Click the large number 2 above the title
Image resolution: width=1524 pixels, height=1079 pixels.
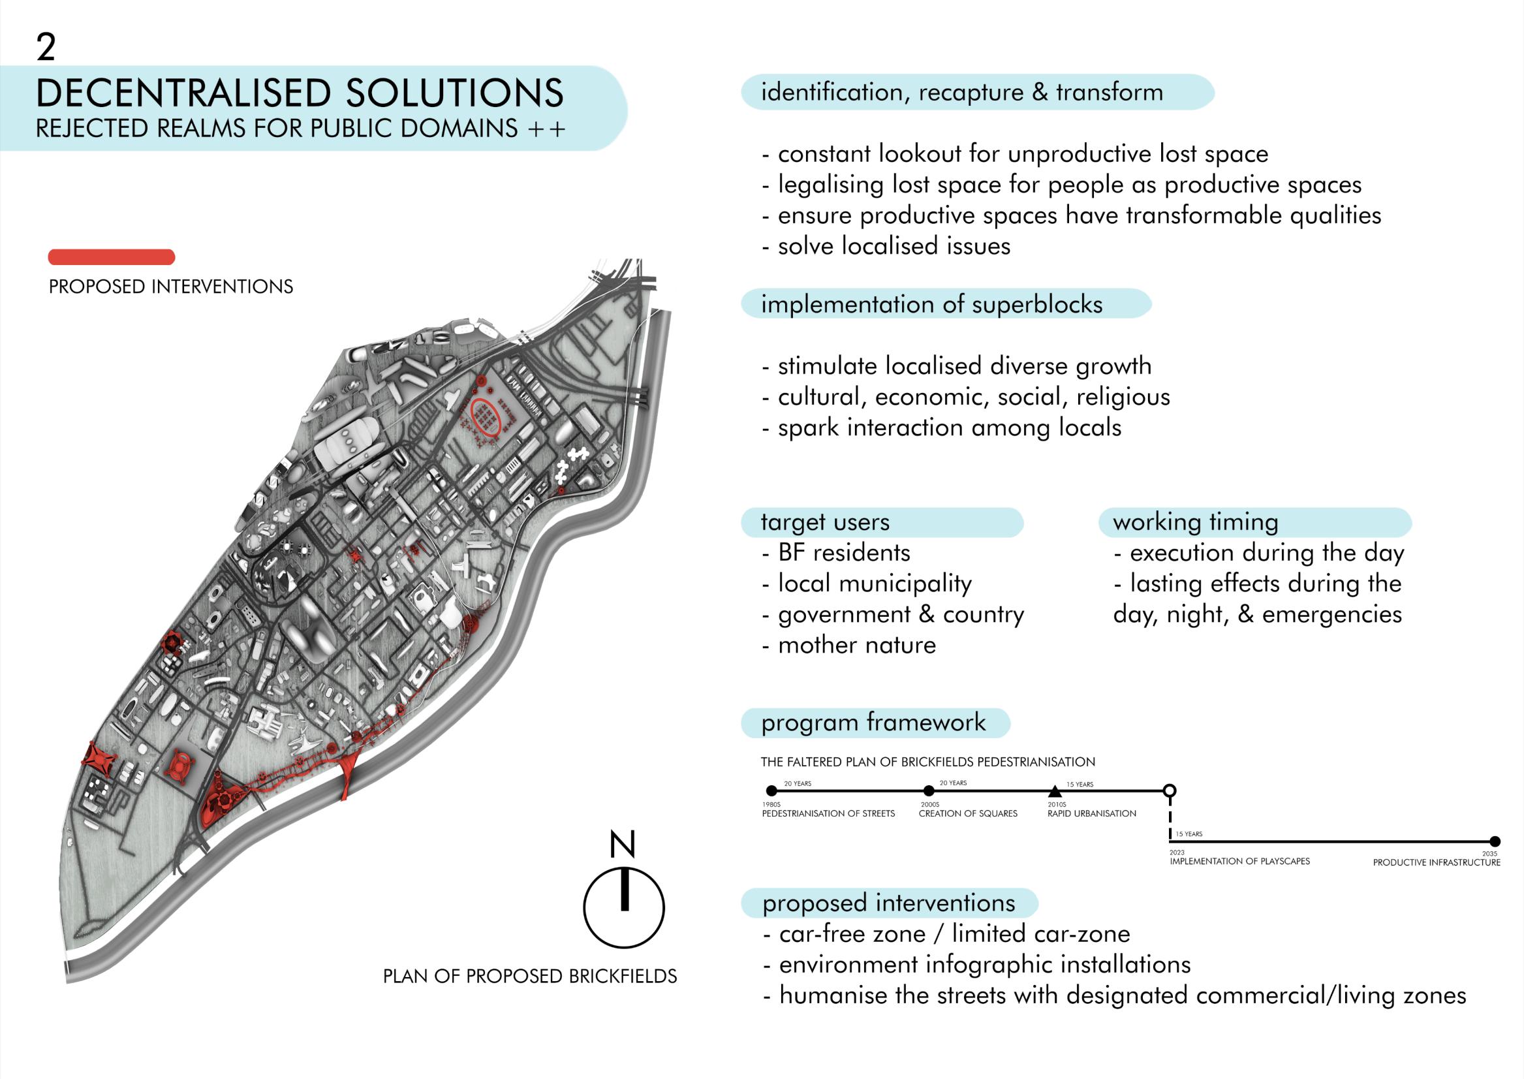46,48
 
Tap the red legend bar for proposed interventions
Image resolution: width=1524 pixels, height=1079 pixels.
112,257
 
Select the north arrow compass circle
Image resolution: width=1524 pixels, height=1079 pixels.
624,907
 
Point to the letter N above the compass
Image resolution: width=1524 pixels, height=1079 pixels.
623,845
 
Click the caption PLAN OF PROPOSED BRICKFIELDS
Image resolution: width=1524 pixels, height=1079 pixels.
529,976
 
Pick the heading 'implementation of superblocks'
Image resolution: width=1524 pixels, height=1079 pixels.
931,304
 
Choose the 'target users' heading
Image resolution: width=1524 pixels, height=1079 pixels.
825,522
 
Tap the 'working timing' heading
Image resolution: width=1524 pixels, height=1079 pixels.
1195,522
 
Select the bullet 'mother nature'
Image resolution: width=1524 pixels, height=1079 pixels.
856,645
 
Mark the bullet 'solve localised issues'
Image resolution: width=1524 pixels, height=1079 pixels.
894,246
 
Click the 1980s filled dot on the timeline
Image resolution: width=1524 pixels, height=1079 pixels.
771,790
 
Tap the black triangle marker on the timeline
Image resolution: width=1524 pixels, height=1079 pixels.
1054,791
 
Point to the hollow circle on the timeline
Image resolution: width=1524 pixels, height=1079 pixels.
1170,790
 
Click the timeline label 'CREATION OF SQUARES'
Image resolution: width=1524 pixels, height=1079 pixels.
968,814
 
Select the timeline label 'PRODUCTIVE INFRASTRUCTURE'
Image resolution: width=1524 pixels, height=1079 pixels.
1437,862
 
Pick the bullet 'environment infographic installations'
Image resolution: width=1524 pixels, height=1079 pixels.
984,965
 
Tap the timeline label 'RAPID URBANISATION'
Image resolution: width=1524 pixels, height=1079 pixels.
1091,814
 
